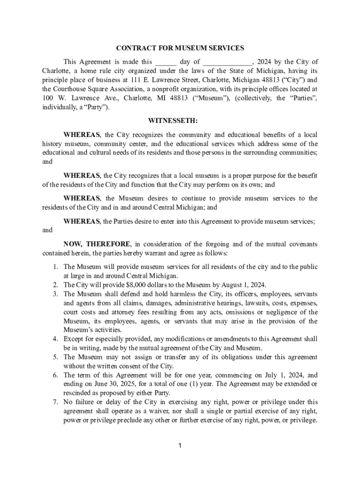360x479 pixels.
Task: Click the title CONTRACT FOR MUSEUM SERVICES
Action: point(180,48)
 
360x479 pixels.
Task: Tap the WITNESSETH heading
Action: point(180,121)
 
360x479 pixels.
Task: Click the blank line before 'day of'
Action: point(166,62)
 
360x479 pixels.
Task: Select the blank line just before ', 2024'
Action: point(228,62)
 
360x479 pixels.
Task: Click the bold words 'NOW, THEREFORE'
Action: point(98,244)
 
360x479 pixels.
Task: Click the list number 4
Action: point(55,339)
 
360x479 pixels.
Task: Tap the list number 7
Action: point(55,402)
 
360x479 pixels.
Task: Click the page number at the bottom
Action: point(180,445)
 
